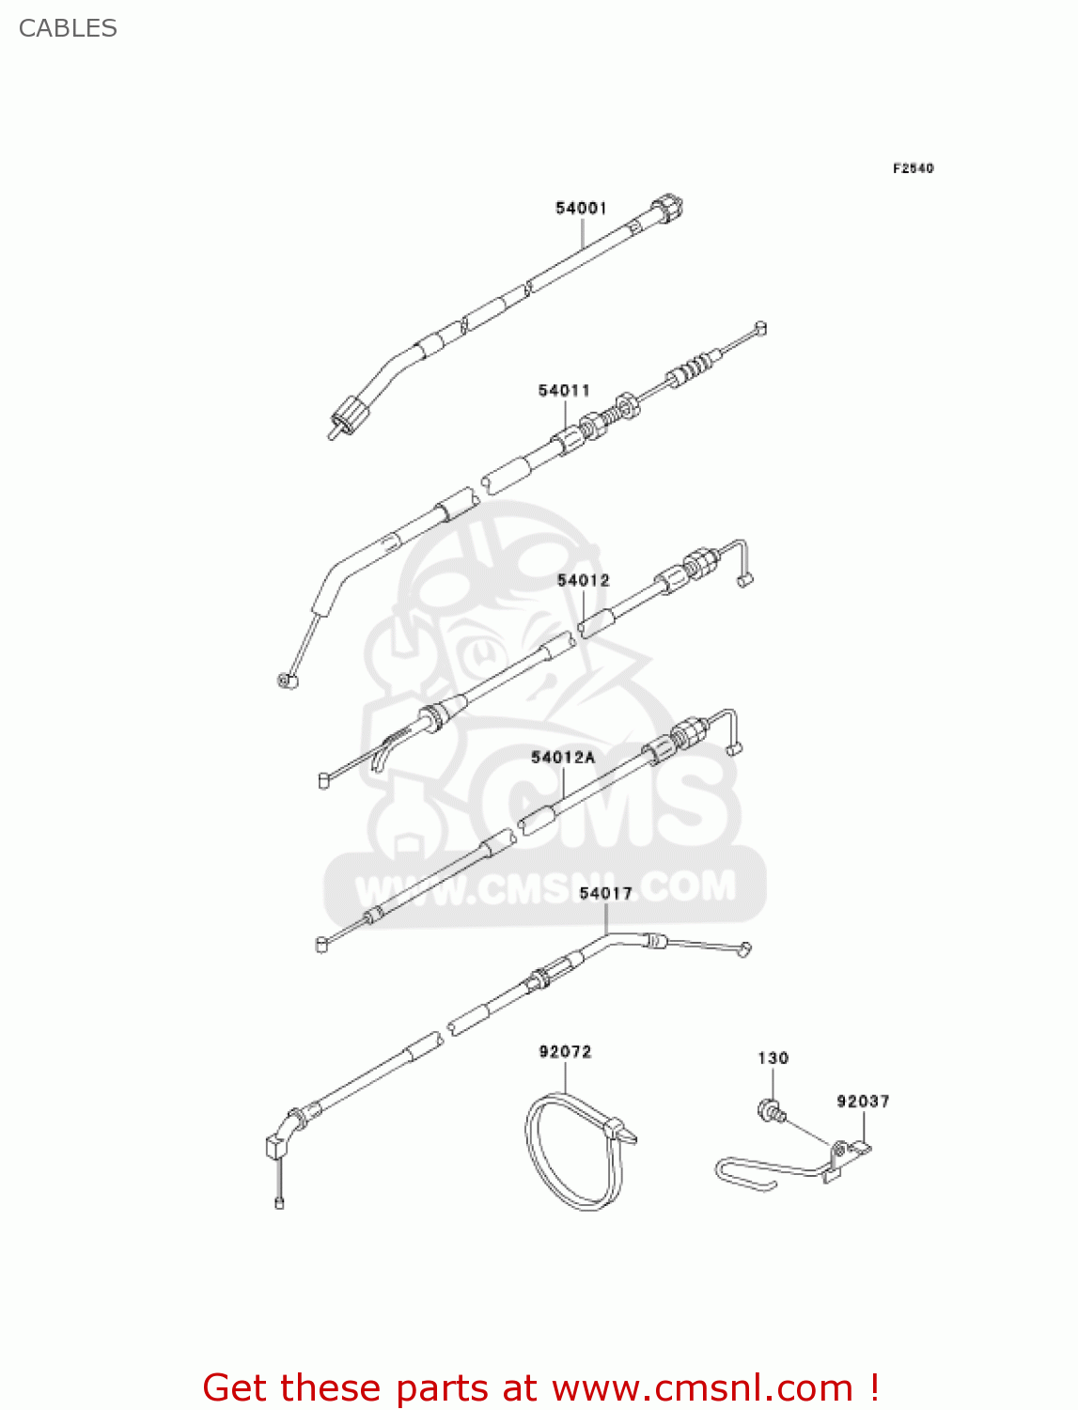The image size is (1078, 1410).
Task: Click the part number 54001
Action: pyautogui.click(x=581, y=208)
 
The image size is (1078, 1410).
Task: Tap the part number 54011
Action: pyautogui.click(x=564, y=390)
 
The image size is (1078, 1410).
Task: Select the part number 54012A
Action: pyautogui.click(x=563, y=757)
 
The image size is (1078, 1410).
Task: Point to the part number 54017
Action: pyautogui.click(x=605, y=893)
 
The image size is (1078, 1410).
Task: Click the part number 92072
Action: pyautogui.click(x=565, y=1052)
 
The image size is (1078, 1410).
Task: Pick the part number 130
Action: pyautogui.click(x=773, y=1058)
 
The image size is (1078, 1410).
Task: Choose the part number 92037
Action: pyautogui.click(x=863, y=1101)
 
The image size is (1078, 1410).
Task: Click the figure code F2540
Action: pyautogui.click(x=913, y=168)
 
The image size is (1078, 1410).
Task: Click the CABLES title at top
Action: pyautogui.click(x=68, y=28)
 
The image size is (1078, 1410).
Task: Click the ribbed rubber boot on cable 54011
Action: pyautogui.click(x=693, y=367)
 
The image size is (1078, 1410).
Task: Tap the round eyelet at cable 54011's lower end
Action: pyautogui.click(x=287, y=680)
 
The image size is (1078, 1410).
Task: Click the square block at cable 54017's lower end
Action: pyautogui.click(x=275, y=1146)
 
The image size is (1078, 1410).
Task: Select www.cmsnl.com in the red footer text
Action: pyautogui.click(x=701, y=1387)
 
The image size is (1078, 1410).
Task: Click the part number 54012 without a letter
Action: pyautogui.click(x=583, y=581)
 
